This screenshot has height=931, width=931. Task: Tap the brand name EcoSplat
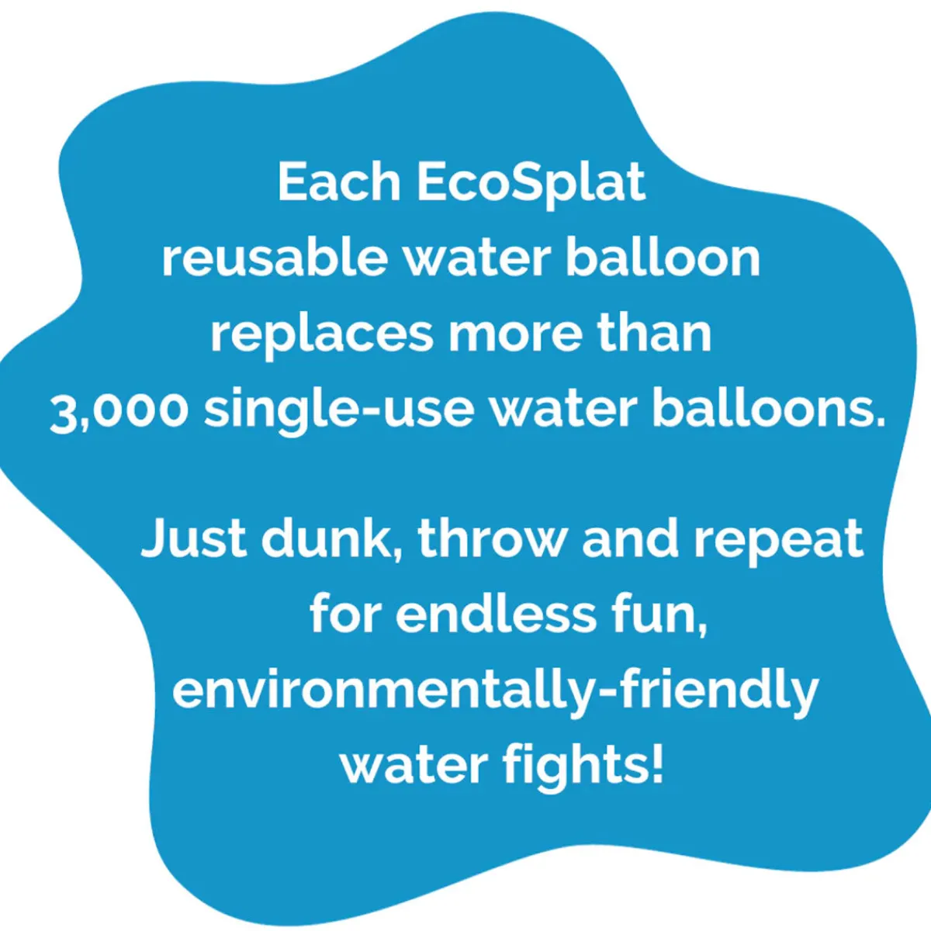pos(531,186)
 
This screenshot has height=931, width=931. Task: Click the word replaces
pos(321,337)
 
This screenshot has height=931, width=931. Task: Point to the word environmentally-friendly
pos(495,694)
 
